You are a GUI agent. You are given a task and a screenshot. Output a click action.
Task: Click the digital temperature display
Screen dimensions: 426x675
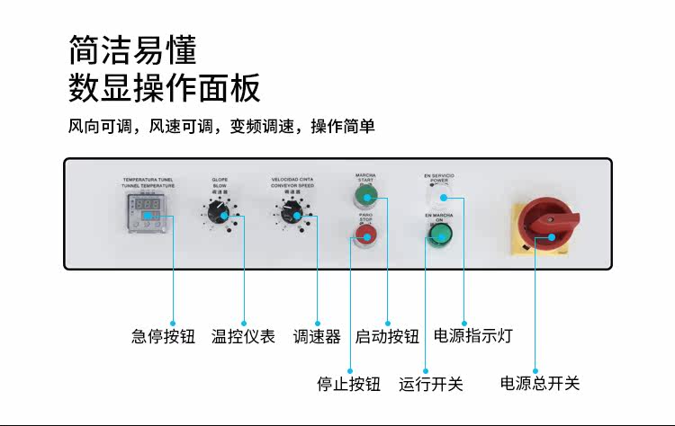pos(149,207)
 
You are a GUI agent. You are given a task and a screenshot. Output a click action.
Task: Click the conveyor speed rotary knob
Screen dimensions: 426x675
pos(291,212)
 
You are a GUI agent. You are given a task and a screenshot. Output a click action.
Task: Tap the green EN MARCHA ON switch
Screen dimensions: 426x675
pos(439,235)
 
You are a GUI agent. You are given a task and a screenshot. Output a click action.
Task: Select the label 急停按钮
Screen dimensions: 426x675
pos(163,337)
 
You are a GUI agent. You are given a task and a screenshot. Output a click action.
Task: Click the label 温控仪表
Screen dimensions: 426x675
pos(243,337)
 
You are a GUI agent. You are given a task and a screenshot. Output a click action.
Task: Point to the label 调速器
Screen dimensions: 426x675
pos(317,337)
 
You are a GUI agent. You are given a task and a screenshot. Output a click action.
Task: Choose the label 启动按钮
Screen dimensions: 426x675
pos(387,337)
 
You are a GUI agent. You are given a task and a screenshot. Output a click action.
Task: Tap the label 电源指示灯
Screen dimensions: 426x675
pos(473,336)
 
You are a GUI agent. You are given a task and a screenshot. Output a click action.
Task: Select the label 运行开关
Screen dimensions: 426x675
pos(431,384)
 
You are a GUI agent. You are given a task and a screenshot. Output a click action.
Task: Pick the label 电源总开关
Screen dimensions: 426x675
pos(540,383)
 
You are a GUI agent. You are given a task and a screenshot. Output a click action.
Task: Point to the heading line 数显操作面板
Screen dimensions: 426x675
pos(165,88)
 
